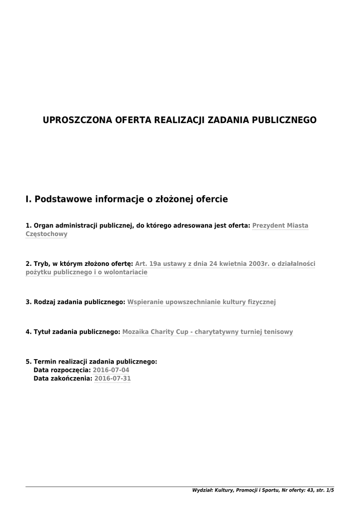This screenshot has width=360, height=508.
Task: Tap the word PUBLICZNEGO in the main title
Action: point(285,120)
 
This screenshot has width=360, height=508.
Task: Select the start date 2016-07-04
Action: point(111,370)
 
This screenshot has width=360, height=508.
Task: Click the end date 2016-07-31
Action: point(113,379)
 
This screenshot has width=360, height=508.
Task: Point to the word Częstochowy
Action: point(46,234)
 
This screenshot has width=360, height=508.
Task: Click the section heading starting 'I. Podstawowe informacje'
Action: point(127,199)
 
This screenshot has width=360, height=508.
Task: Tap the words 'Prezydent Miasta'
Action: point(280,225)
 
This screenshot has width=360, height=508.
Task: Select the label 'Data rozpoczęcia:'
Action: point(62,370)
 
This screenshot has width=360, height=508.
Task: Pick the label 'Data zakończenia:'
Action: point(63,379)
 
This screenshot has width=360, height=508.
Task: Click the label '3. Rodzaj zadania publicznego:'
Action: point(75,302)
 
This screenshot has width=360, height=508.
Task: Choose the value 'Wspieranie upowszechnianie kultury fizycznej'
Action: point(202,302)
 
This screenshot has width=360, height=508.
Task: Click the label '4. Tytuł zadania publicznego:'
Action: point(73,332)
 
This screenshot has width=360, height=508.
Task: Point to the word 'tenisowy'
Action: point(278,332)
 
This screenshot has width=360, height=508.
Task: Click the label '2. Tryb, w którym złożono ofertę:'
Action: point(79,263)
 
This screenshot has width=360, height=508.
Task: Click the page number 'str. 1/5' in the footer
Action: point(325,490)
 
